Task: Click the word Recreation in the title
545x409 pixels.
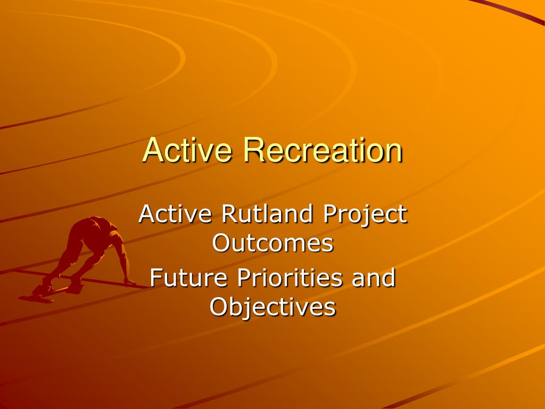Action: click(x=323, y=150)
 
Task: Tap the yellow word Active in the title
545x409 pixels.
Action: click(x=187, y=150)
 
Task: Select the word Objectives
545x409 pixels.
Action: click(x=273, y=308)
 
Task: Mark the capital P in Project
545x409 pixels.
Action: click(x=330, y=214)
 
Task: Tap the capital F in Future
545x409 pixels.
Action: click(x=156, y=277)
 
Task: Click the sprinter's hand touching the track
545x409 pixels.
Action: click(x=130, y=282)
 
